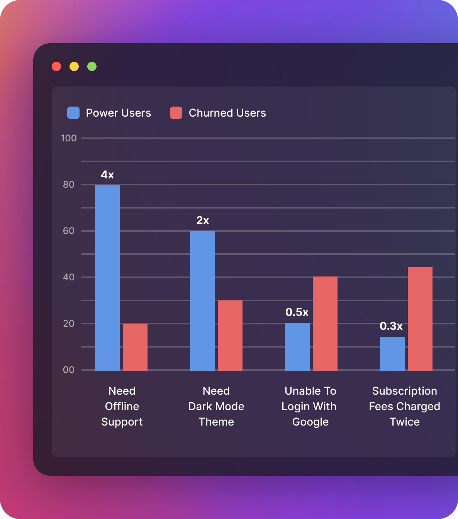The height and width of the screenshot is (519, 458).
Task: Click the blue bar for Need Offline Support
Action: pos(107,278)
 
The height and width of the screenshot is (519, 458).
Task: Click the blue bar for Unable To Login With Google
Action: pos(297,347)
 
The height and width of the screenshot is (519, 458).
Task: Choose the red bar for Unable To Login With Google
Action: pos(325,324)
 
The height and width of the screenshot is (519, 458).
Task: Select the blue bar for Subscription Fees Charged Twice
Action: pos(392,353)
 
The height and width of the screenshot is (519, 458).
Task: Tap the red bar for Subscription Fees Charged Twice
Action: pos(420,319)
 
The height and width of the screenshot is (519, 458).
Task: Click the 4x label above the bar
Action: pos(107,175)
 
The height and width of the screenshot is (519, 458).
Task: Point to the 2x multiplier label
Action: pos(203,220)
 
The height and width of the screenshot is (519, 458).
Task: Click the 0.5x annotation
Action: pos(297,312)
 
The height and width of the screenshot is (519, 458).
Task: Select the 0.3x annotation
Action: pos(391,326)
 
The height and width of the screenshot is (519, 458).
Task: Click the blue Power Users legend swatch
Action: pos(73,113)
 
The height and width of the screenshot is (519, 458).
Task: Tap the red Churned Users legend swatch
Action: pos(176,113)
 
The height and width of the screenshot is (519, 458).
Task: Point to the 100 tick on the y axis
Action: pos(69,138)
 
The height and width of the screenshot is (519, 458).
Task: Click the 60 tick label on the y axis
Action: pos(69,231)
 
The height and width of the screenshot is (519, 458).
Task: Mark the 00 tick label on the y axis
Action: pos(69,370)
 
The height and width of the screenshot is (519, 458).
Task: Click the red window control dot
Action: pos(56,66)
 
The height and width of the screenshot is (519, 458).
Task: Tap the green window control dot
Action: pos(92,66)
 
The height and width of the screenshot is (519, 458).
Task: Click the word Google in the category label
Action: pos(310,422)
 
